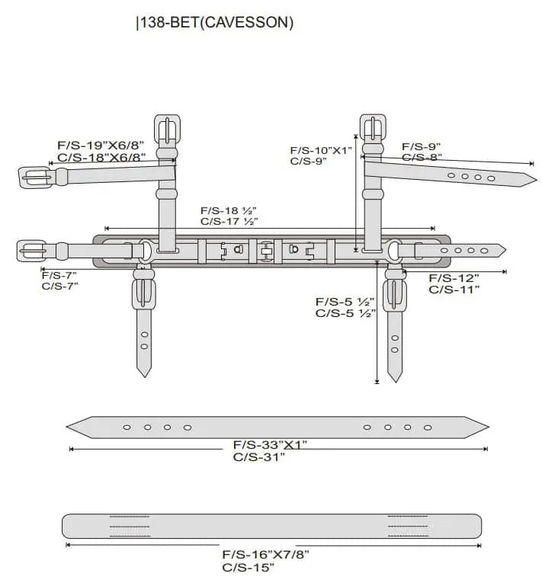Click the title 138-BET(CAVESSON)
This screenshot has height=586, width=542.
(x=215, y=23)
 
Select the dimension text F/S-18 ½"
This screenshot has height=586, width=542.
(x=229, y=210)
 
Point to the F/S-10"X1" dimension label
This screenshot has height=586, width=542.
(x=321, y=150)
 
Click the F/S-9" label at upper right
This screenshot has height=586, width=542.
(x=422, y=146)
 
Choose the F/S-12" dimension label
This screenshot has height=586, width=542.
(x=454, y=278)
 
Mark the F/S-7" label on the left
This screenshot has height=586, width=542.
(x=59, y=275)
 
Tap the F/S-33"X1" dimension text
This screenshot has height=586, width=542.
(x=270, y=444)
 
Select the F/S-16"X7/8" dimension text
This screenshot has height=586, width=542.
(x=265, y=554)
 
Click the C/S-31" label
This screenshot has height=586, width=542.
(x=259, y=457)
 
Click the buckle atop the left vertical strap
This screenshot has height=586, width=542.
(x=167, y=129)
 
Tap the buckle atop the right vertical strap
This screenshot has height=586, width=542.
(x=374, y=129)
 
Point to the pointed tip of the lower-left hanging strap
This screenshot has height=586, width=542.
(x=143, y=373)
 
